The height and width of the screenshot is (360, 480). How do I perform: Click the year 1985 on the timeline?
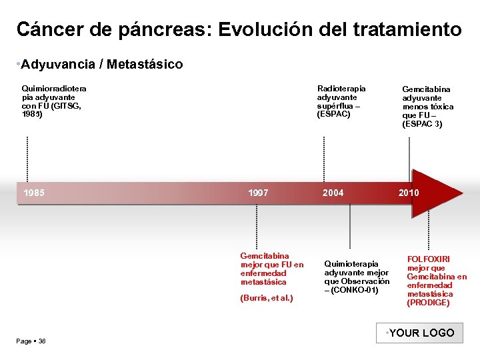point(34,193)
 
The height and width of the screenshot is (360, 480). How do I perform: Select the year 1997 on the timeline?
point(258,193)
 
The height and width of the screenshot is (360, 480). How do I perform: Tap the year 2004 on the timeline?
point(333,193)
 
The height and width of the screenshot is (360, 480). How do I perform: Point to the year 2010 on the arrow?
point(409,193)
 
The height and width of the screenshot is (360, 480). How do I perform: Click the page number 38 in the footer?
point(42,341)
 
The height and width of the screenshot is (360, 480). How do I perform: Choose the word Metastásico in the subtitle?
point(145,65)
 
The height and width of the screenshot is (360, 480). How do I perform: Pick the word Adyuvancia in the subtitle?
point(57,65)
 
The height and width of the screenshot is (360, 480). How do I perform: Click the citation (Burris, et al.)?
point(266,298)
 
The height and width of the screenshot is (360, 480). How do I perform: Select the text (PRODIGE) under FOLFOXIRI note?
point(428,303)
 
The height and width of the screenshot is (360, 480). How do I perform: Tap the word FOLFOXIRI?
point(429,259)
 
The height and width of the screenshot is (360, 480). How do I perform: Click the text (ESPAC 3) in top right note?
point(422,124)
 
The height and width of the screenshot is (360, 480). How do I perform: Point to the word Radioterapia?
point(341,89)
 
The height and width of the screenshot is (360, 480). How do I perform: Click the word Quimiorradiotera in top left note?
point(54,89)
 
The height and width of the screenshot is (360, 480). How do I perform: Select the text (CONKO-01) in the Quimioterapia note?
point(356,290)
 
